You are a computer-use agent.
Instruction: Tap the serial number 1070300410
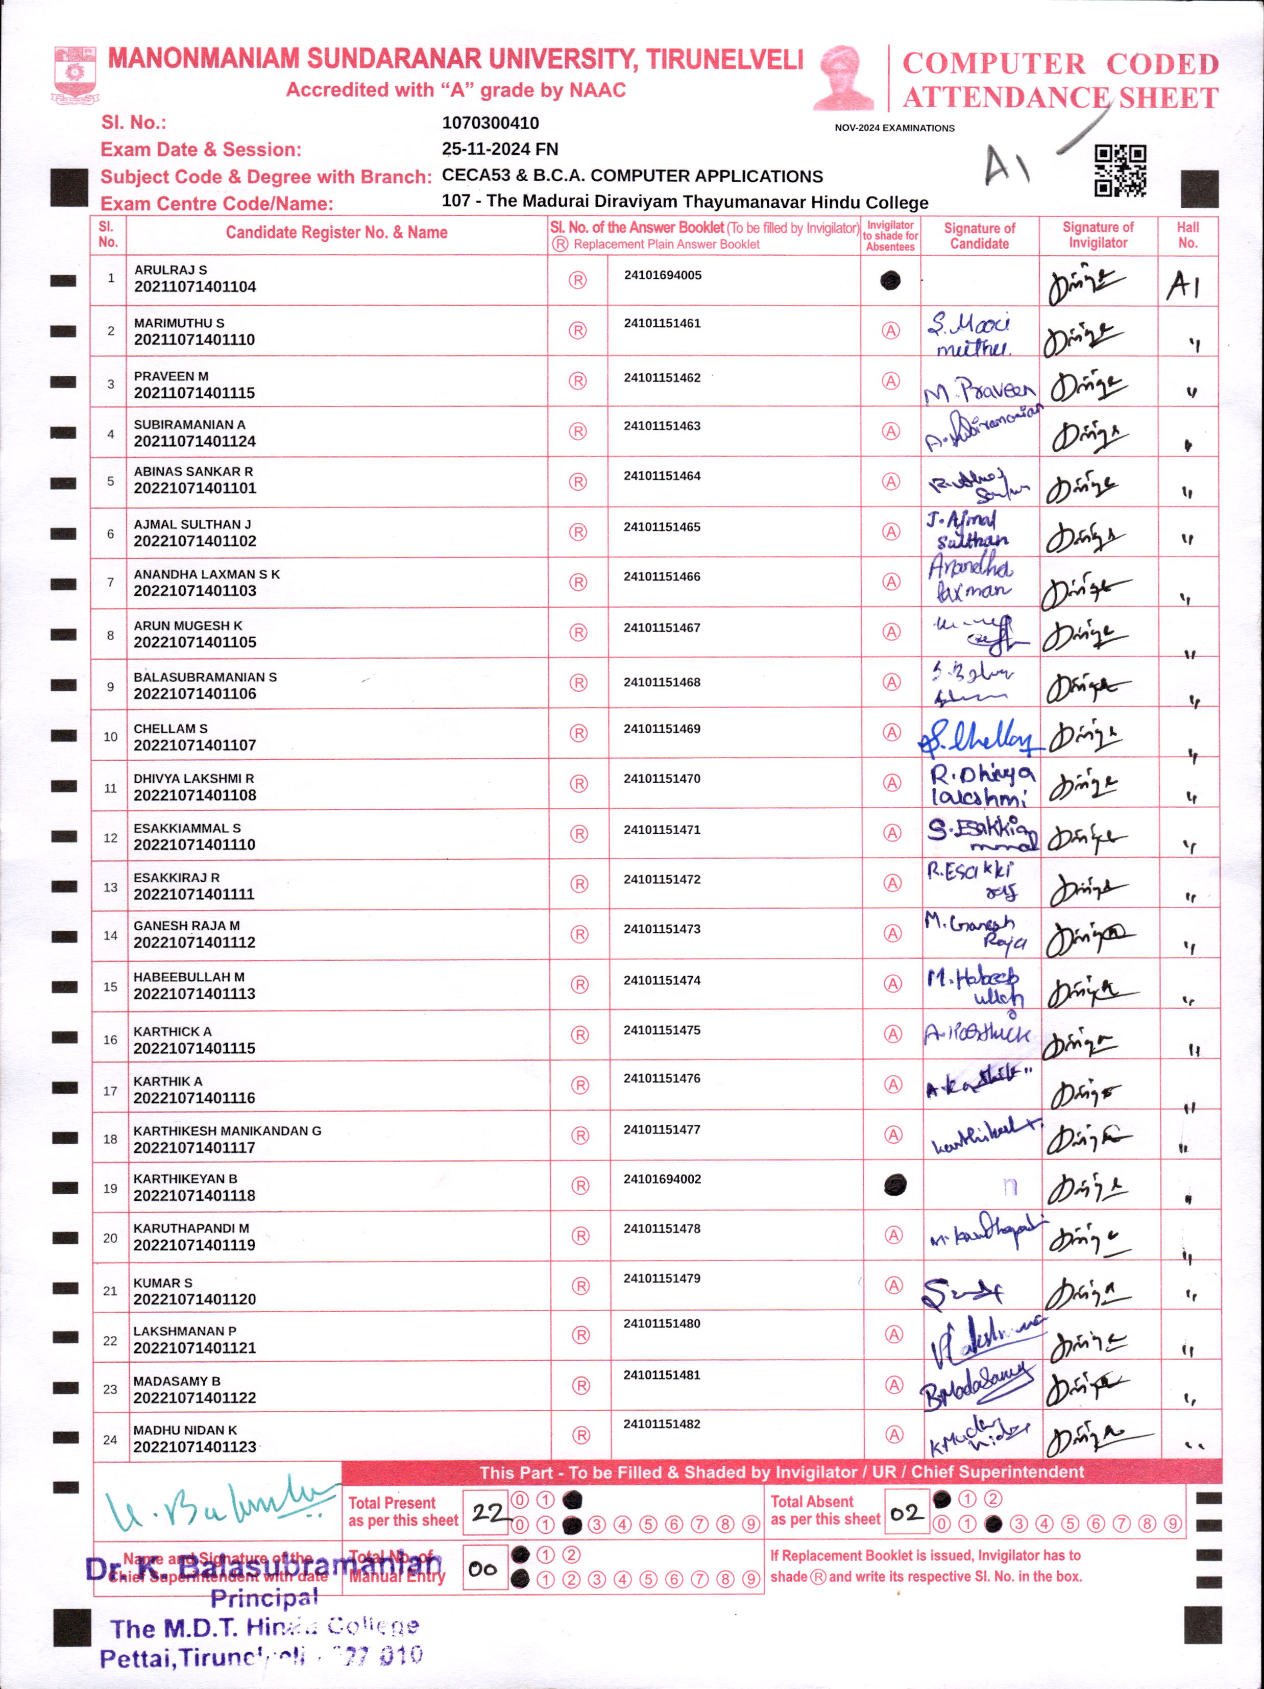[490, 123]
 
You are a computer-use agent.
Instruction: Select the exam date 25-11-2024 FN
[500, 149]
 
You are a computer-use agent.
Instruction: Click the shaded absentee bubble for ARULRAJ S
[890, 281]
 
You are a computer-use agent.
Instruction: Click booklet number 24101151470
[662, 779]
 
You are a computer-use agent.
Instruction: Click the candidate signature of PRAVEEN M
[979, 391]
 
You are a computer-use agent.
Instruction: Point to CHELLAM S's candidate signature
[979, 737]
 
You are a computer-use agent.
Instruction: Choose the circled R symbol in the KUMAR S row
[581, 1286]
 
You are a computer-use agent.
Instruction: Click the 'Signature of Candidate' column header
[979, 236]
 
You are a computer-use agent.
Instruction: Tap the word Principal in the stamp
[264, 1598]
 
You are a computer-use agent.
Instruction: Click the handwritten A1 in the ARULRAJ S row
[1183, 285]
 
